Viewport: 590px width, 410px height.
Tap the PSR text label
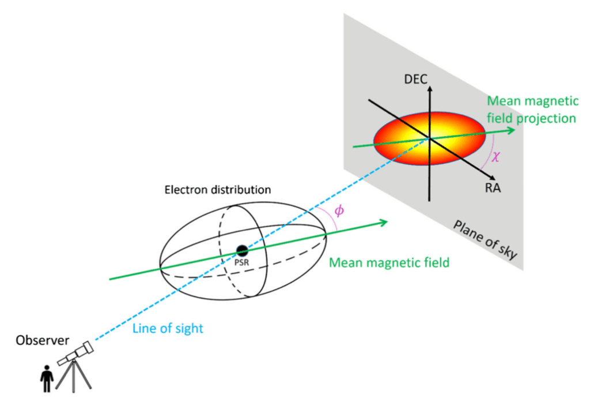tap(242, 262)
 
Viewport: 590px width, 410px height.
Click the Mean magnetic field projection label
tap(532, 110)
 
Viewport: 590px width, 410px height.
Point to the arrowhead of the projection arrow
tap(509, 131)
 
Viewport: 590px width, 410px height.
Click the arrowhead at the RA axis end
tap(482, 177)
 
